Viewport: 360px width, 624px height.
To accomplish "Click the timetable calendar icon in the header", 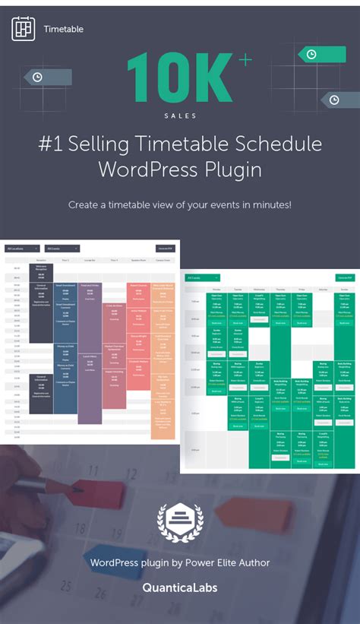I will pyautogui.click(x=23, y=29).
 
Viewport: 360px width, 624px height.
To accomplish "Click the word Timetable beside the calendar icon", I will pyautogui.click(x=63, y=30).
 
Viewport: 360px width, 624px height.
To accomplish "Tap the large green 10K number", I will pyautogui.click(x=179, y=78).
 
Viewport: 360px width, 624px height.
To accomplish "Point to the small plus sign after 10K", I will pyautogui.click(x=245, y=61).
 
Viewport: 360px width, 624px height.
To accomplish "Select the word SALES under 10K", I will pyautogui.click(x=179, y=116).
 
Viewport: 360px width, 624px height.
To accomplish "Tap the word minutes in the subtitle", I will pyautogui.click(x=266, y=205).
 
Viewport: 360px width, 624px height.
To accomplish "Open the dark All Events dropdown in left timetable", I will pyautogui.click(x=56, y=248).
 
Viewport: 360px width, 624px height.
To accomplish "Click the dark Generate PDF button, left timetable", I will pyautogui.click(x=165, y=248).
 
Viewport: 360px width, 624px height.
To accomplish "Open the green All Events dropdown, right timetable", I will pyautogui.click(x=204, y=279).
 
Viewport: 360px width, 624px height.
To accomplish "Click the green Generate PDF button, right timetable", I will pyautogui.click(x=345, y=279).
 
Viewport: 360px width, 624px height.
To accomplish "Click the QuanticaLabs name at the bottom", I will pyautogui.click(x=179, y=588).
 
